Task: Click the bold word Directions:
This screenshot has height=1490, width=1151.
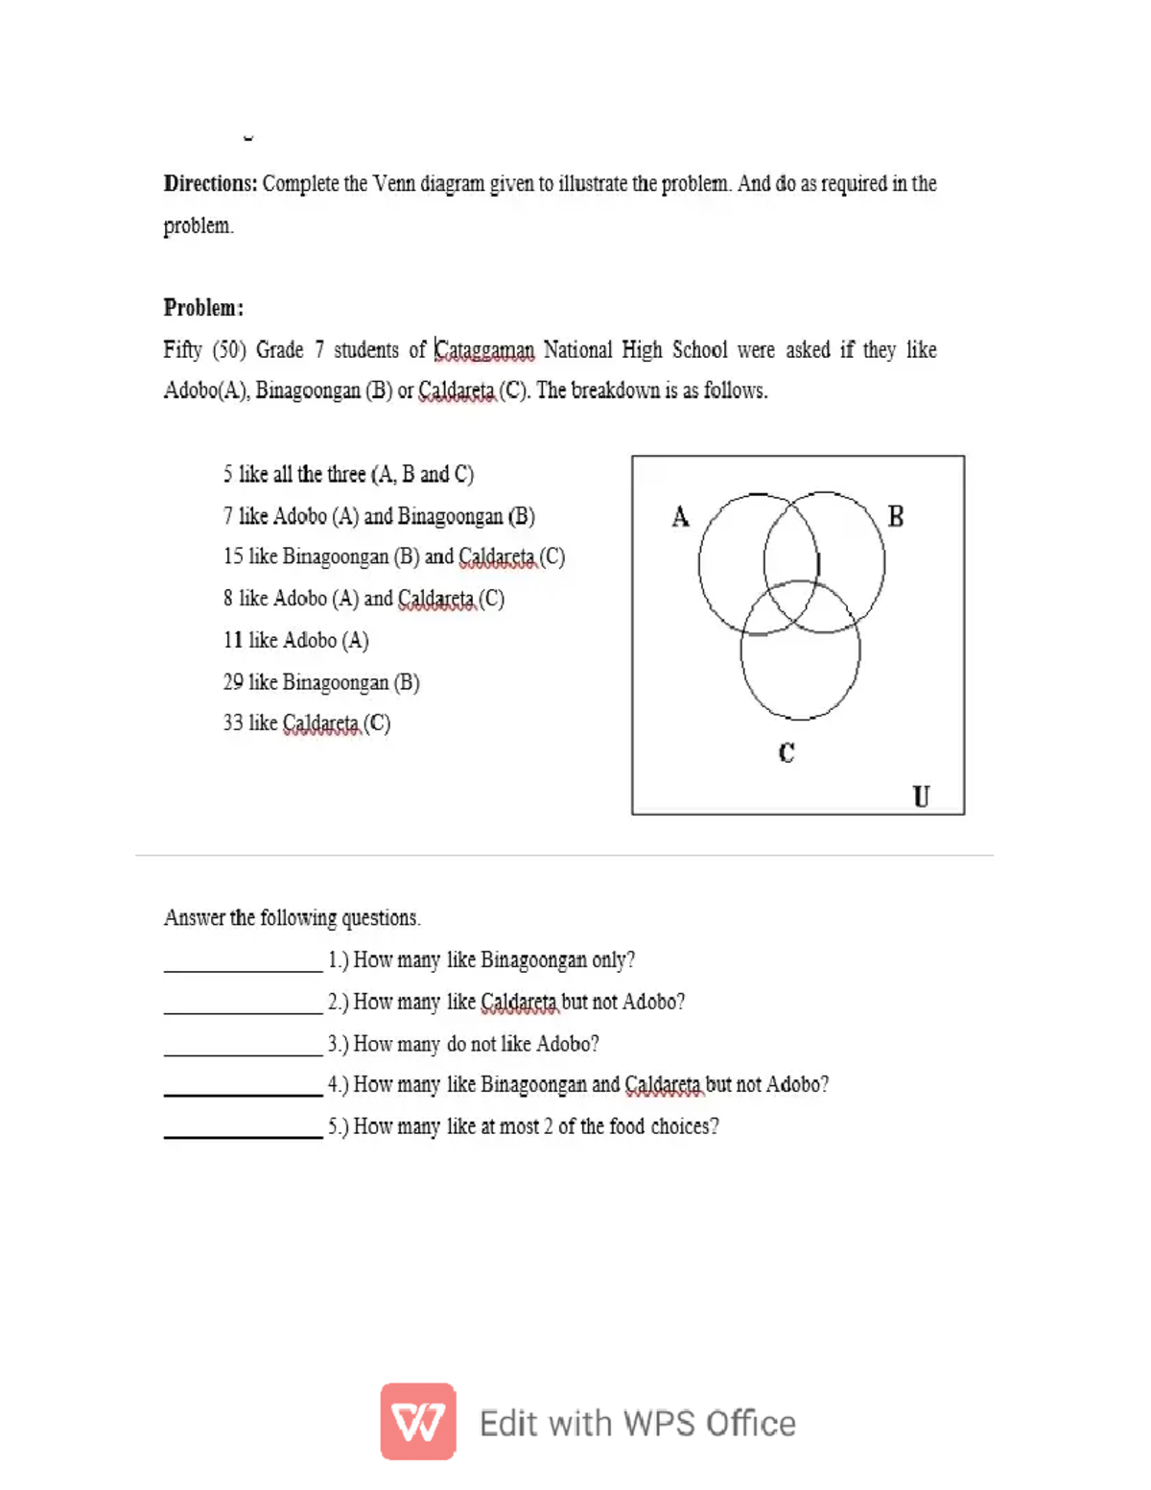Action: (x=210, y=183)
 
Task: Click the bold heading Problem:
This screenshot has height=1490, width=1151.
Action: (x=203, y=308)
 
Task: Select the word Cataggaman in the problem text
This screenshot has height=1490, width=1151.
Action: (x=484, y=350)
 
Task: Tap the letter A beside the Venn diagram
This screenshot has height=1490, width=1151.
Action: (x=680, y=517)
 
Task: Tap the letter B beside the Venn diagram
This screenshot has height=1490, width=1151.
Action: (x=896, y=516)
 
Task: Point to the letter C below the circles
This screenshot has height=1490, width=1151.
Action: (x=787, y=753)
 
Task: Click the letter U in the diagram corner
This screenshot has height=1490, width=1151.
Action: (x=921, y=796)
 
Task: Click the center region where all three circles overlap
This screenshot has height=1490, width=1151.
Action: (x=792, y=603)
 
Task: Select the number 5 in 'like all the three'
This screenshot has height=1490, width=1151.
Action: (x=228, y=474)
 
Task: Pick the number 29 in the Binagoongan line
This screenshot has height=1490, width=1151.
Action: (x=233, y=682)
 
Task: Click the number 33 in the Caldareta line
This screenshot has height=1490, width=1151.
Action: (x=233, y=722)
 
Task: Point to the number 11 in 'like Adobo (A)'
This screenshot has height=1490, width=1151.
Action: (x=233, y=640)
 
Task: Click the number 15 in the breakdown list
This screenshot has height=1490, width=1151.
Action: (x=233, y=556)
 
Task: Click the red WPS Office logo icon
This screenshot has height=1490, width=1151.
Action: (x=418, y=1421)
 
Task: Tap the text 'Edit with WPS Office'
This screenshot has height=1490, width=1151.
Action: (x=637, y=1423)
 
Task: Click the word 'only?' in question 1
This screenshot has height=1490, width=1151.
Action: (x=613, y=960)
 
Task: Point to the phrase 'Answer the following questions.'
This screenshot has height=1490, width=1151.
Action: (x=292, y=918)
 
